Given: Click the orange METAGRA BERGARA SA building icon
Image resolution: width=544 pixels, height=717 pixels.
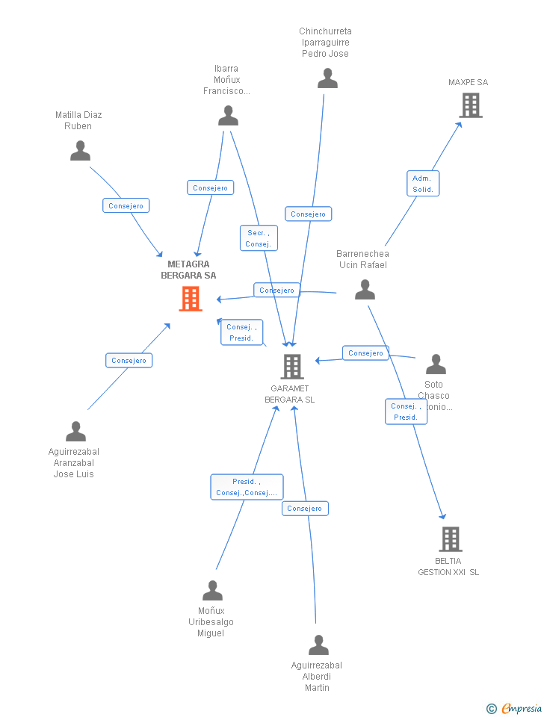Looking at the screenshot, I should (x=191, y=299).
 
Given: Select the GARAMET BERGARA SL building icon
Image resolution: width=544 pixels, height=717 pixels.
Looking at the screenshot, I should (x=292, y=366).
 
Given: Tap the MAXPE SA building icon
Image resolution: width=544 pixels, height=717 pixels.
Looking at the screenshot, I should (x=471, y=105).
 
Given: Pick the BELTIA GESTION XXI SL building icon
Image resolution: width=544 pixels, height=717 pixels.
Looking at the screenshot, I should (x=450, y=538).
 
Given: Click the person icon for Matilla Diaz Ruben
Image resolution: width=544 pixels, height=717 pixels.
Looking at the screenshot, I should (x=80, y=151).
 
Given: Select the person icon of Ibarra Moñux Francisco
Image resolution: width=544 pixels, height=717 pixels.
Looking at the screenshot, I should (x=228, y=116).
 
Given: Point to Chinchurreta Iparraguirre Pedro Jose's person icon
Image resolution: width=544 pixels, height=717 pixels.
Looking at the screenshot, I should (x=327, y=78).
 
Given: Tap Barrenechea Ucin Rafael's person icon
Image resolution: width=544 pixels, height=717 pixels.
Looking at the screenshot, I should (x=365, y=289).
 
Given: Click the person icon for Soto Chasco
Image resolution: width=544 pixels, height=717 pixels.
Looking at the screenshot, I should (x=436, y=364).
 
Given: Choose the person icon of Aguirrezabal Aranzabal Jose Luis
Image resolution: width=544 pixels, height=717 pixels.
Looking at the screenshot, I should (x=75, y=432).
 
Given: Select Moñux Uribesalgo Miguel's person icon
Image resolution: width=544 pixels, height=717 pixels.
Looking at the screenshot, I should (x=212, y=591).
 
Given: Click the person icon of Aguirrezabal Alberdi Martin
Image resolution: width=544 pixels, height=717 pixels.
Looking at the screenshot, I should (x=318, y=645).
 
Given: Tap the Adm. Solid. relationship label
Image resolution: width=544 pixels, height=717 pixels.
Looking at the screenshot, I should (x=423, y=183).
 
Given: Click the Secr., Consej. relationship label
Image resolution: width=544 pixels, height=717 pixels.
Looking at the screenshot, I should (x=259, y=238).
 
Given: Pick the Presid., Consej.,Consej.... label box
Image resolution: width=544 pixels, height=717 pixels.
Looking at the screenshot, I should (x=247, y=487).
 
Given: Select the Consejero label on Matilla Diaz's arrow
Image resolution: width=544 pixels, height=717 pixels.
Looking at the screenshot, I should (x=126, y=205).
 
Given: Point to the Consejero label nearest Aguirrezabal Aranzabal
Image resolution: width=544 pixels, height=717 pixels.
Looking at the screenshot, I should (x=129, y=360).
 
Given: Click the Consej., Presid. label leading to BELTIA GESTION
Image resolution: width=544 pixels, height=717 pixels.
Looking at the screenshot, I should (x=406, y=412).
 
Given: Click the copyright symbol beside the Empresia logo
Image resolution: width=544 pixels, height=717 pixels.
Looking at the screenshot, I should (x=491, y=708).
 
